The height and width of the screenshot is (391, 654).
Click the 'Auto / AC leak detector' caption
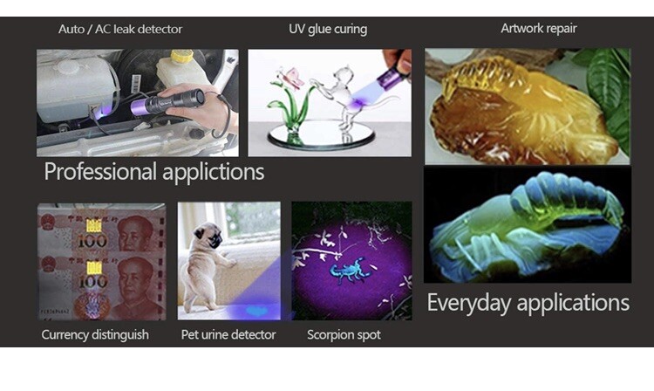tap(120, 29)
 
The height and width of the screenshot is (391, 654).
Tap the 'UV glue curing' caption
tap(328, 29)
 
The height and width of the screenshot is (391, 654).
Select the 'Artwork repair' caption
tap(539, 29)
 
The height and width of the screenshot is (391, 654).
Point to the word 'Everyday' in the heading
tap(469, 303)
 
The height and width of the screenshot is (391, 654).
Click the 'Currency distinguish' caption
tap(95, 334)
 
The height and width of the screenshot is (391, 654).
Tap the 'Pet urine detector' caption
tap(228, 334)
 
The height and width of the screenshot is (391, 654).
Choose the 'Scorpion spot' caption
tap(344, 334)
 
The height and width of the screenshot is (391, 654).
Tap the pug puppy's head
tap(210, 235)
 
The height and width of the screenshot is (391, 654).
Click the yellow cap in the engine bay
tap(182, 56)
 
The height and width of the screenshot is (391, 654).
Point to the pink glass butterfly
tap(292, 78)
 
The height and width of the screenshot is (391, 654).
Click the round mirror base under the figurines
tap(321, 134)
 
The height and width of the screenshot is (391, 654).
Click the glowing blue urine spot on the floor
tap(255, 311)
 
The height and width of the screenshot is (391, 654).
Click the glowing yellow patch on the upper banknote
tap(93, 226)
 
